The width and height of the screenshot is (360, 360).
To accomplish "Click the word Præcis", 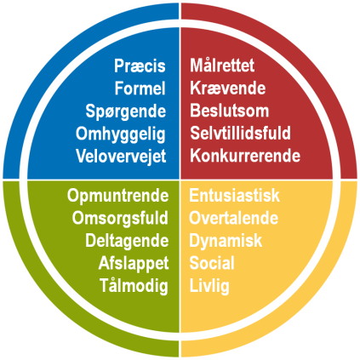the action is point(140,66).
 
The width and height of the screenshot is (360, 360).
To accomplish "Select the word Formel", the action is point(140,88).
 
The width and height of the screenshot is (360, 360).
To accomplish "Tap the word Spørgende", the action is point(126,111).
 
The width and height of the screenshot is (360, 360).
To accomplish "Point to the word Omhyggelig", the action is point(121,134).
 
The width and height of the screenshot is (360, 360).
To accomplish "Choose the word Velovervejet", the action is point(121,157).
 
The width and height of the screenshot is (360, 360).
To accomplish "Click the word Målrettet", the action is point(222,66).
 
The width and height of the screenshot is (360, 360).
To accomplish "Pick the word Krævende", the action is point(228,88).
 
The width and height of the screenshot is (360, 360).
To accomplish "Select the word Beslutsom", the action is point(230,111).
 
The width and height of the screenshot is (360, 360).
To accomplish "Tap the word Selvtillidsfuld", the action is point(241,133).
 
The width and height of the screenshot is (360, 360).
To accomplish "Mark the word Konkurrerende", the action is point(245,156).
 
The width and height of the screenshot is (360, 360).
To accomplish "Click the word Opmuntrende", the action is point(118,197).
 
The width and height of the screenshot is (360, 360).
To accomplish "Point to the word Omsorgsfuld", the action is point(120,219).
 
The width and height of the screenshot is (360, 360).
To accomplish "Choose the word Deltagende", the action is point(127,242).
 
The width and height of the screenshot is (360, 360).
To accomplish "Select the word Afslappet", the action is point(134,264).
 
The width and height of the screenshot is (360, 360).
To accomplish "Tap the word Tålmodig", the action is point(134,286).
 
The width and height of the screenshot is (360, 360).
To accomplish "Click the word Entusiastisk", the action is point(234,196).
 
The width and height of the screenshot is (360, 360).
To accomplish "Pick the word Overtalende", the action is point(234,218).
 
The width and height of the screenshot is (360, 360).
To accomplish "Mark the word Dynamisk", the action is point(226,242).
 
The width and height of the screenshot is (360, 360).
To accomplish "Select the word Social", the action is point(212,263).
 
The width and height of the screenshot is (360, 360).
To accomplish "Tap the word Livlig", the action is point(209,286).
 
